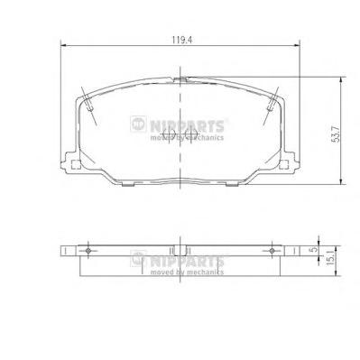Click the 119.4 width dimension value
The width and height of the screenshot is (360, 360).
click(x=181, y=40)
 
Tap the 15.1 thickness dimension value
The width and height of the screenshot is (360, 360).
click(x=330, y=258)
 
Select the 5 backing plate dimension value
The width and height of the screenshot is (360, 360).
click(x=314, y=249)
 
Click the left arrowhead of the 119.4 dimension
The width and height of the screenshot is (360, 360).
click(x=63, y=46)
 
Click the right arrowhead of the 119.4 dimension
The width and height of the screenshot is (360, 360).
click(x=297, y=46)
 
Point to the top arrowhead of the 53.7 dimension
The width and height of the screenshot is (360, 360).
click(x=341, y=79)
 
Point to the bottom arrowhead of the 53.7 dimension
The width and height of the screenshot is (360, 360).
click(x=341, y=181)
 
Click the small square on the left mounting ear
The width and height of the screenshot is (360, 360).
click(x=76, y=165)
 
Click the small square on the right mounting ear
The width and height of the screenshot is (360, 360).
click(x=283, y=165)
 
